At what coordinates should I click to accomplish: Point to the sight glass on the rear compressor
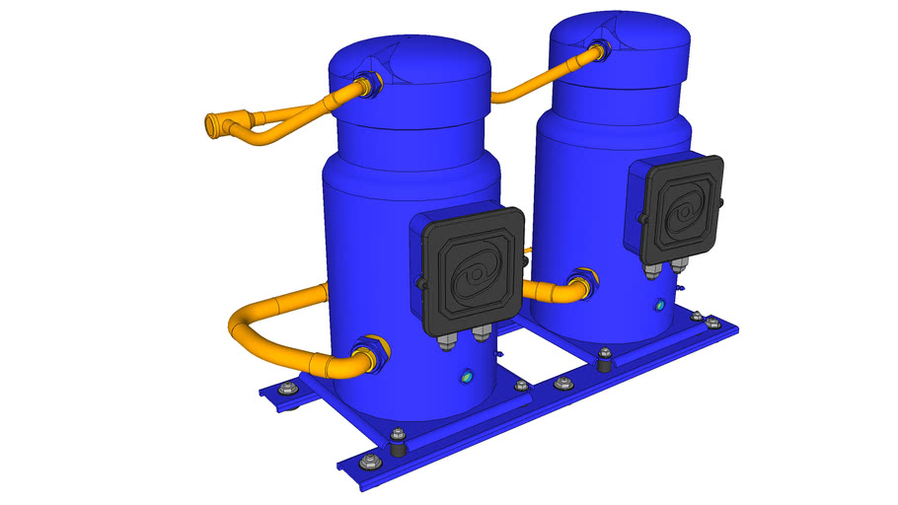point(660,306)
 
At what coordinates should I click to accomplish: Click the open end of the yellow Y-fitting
point(210,125)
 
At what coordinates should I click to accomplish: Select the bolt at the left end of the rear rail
point(286,389)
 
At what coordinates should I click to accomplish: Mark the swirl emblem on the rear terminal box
point(682,211)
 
